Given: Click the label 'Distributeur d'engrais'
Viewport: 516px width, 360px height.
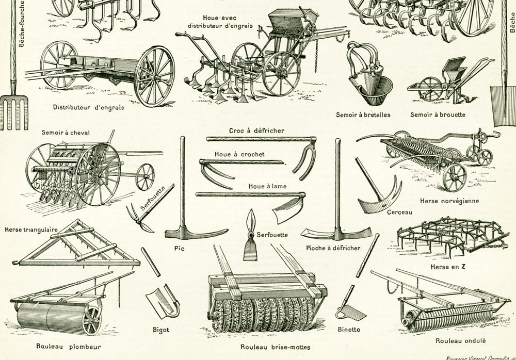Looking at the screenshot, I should [x=88, y=107].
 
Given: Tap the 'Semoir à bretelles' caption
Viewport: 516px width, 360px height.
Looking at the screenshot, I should [x=363, y=114].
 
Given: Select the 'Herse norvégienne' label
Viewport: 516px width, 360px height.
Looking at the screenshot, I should [x=449, y=201].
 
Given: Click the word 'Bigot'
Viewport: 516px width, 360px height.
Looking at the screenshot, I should [x=161, y=330].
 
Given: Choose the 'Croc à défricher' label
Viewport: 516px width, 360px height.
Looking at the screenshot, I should [x=256, y=130].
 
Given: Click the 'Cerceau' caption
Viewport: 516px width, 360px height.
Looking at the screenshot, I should [x=399, y=212].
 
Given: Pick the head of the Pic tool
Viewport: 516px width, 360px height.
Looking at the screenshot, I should [x=196, y=234].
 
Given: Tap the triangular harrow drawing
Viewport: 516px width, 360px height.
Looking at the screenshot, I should [x=77, y=245].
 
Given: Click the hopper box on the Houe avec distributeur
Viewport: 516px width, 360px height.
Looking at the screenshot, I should [x=287, y=21].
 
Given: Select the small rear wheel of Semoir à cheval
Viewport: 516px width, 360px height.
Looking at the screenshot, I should [x=145, y=176].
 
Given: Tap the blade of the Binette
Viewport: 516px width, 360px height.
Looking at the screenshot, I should [x=352, y=312].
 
